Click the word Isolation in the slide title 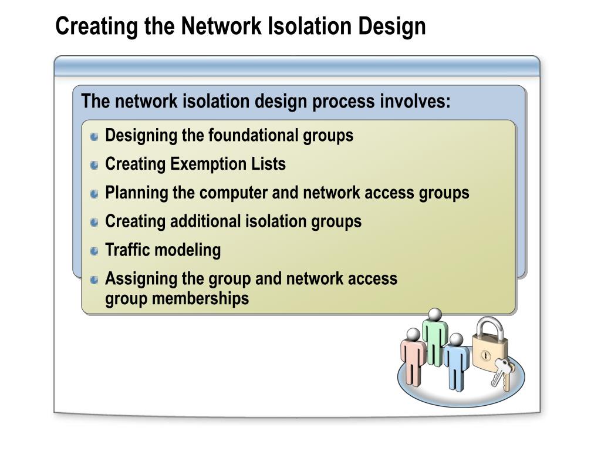click(305, 26)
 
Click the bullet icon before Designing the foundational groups click(95, 137)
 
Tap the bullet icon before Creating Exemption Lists click(95, 166)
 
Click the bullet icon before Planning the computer click(95, 194)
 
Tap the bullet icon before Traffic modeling click(95, 251)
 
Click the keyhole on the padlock click(486, 356)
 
